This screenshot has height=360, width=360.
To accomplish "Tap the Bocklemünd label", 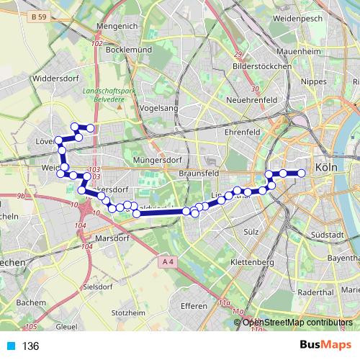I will coord(127,52).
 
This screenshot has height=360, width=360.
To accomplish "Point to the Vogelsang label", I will coord(159,107).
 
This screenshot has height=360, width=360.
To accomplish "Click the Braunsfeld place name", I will coord(197,174).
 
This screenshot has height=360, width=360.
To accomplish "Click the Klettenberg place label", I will coord(251,263).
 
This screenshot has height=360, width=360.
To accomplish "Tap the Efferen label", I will coord(194,306).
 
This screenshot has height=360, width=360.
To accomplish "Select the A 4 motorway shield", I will coord(168,262).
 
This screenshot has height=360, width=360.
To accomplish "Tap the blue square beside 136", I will coord(11,346).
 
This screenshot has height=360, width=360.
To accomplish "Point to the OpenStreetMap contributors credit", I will coord(297,322).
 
